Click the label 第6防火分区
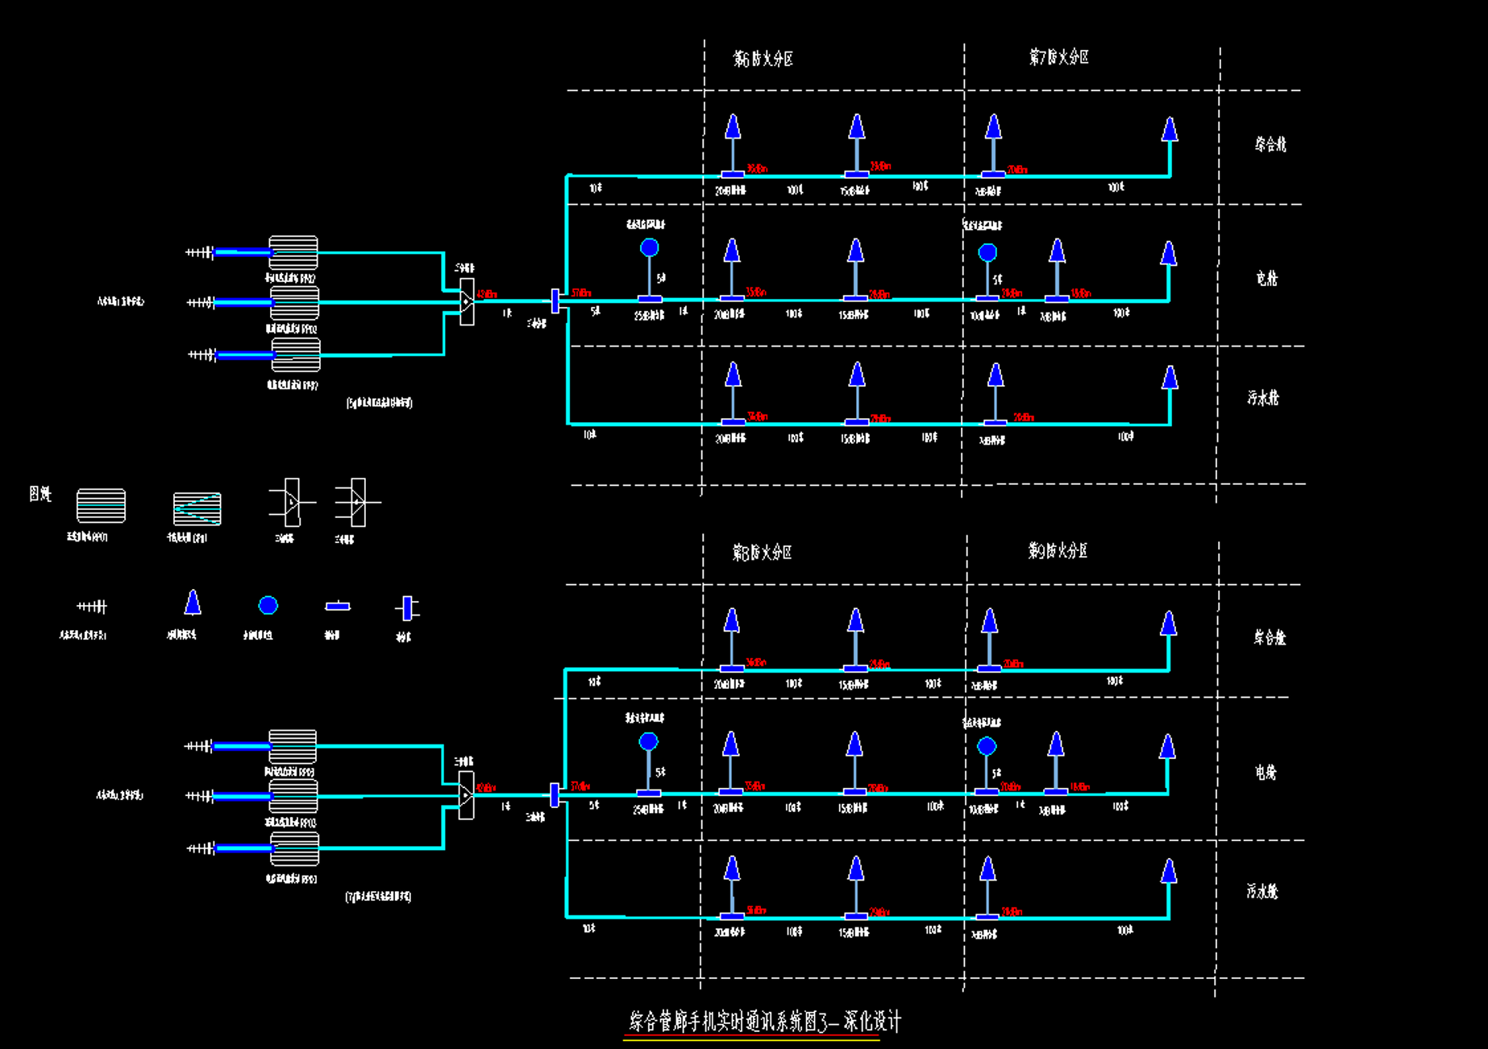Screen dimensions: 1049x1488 (763, 59)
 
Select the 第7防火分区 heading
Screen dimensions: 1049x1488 (1058, 57)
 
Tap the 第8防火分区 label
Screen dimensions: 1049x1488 (762, 553)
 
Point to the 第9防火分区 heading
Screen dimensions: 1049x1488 (1058, 551)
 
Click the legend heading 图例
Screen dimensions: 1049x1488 (39, 494)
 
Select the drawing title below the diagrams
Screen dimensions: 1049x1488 (764, 1022)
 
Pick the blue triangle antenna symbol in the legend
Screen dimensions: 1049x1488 (192, 603)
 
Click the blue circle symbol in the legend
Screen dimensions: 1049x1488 (268, 605)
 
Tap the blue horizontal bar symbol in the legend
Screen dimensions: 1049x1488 (338, 606)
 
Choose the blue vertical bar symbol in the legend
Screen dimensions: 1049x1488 (407, 608)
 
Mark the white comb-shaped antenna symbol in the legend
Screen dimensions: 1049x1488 (92, 606)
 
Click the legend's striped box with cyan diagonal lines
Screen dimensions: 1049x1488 (197, 509)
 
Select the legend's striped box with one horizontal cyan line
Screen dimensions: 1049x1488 (101, 505)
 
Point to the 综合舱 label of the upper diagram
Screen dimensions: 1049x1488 (1270, 144)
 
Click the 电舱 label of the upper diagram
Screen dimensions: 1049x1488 (1266, 279)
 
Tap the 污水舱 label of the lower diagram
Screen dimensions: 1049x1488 (1262, 891)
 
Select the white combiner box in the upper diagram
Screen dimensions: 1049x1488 (467, 301)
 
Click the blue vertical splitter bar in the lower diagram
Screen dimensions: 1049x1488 (555, 794)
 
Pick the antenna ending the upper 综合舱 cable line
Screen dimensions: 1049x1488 (1170, 130)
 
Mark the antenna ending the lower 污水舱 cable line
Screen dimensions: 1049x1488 (1168, 872)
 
